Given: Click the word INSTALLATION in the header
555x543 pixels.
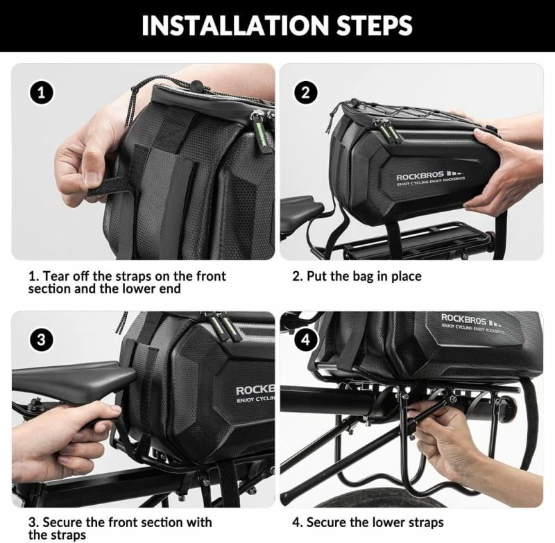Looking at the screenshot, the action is point(236,26).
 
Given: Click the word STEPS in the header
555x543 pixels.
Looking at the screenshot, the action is point(374,26).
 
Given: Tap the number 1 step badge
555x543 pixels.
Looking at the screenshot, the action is point(42,93).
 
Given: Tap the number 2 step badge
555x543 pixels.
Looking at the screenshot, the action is point(305,93).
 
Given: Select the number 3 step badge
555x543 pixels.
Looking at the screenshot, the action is point(42,340).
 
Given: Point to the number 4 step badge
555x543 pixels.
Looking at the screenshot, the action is point(305,340).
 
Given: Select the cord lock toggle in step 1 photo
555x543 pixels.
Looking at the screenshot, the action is point(196,86).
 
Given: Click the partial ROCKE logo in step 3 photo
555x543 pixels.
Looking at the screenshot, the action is point(255,390).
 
